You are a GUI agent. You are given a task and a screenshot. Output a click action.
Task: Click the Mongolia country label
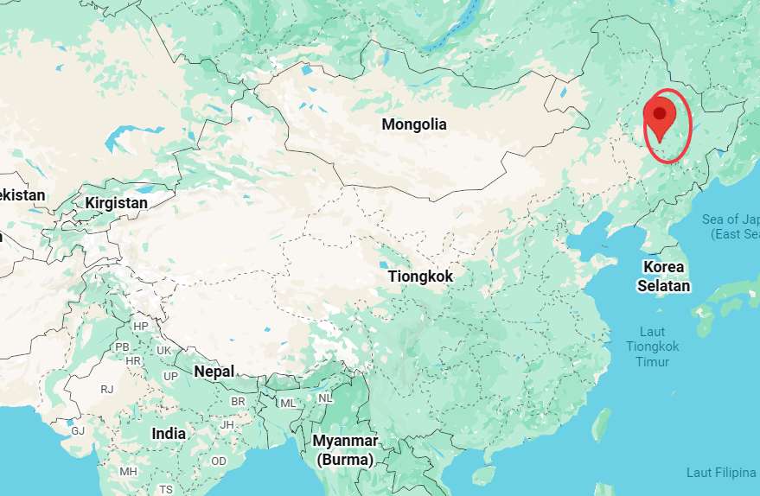(x=414, y=124)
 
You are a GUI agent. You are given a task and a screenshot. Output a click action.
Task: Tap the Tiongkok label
(x=420, y=277)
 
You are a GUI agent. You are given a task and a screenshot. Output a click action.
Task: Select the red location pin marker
(x=660, y=119)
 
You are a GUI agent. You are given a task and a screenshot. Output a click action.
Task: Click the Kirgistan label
(x=117, y=203)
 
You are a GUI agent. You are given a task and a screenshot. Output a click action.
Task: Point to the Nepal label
(x=214, y=372)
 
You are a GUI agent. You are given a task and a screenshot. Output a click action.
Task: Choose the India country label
(x=169, y=434)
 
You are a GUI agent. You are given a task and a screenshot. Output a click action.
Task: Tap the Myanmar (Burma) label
(x=345, y=450)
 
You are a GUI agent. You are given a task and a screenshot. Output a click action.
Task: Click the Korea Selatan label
(x=664, y=276)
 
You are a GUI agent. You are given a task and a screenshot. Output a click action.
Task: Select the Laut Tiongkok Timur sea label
(x=653, y=347)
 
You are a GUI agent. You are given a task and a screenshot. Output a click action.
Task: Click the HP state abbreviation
(x=141, y=326)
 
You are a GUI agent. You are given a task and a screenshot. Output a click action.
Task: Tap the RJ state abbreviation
(x=106, y=390)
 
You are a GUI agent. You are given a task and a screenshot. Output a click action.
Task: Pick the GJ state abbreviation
(x=78, y=430)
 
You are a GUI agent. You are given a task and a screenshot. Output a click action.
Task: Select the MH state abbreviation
(x=128, y=471)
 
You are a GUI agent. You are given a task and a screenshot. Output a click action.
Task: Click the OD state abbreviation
(x=219, y=461)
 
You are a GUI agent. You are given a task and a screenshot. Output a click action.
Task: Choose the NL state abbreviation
(x=325, y=398)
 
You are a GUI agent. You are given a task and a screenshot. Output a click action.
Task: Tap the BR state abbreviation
(x=239, y=403)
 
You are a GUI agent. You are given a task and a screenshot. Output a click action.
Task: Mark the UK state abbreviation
(x=163, y=350)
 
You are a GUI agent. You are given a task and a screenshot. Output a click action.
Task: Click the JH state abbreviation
(x=227, y=424)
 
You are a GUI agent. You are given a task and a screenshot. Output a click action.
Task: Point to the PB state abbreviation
(x=122, y=347)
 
